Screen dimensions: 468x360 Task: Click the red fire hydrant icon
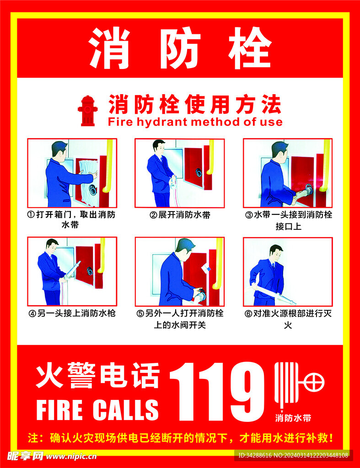pyautogui.click(x=87, y=110)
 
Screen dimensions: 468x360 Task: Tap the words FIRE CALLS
pyautogui.click(x=97, y=409)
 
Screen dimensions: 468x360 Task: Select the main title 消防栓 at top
pyautogui.click(x=180, y=48)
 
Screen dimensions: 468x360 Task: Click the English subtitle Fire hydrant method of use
pyautogui.click(x=195, y=122)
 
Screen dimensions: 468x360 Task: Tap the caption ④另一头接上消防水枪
pyautogui.click(x=72, y=314)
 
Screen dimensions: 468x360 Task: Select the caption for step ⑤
pyautogui.click(x=180, y=319)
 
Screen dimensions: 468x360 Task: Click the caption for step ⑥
pyautogui.click(x=288, y=319)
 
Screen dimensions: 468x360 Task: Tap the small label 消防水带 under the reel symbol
pyautogui.click(x=293, y=418)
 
